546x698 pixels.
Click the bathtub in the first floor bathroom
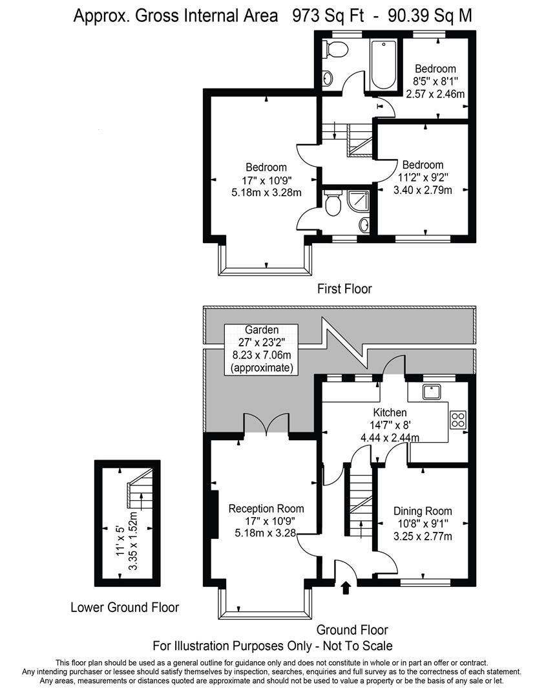(x=383, y=65)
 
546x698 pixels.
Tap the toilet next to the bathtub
(x=335, y=50)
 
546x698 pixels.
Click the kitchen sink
(x=430, y=392)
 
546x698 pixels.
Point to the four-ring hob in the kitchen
(x=458, y=419)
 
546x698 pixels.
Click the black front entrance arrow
(x=346, y=587)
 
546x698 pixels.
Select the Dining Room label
(x=423, y=511)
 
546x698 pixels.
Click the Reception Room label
(x=266, y=509)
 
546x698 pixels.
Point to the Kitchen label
(x=390, y=412)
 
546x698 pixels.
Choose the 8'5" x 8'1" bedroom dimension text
(x=435, y=81)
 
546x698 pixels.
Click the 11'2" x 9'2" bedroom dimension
(x=423, y=177)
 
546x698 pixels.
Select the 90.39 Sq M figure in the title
(x=430, y=16)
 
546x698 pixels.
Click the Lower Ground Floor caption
(x=125, y=608)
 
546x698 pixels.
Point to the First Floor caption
(x=344, y=289)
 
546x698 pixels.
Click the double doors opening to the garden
(x=267, y=424)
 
